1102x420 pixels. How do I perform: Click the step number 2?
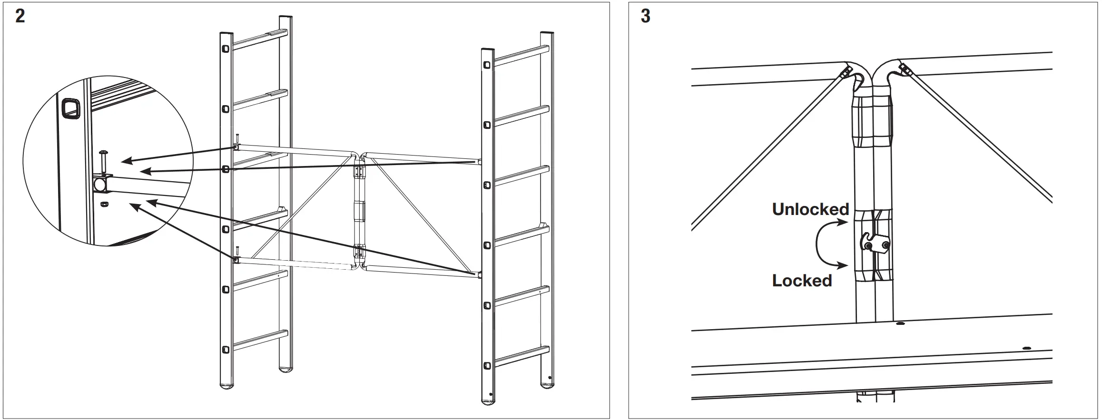[20, 17]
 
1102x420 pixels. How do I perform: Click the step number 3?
[645, 17]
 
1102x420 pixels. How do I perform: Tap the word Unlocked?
[810, 209]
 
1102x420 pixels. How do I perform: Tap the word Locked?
[802, 281]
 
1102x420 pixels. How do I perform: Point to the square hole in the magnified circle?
[70, 108]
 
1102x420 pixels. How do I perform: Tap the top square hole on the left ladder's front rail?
[226, 49]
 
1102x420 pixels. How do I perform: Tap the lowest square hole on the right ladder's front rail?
[487, 366]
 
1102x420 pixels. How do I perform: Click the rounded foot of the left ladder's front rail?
[226, 385]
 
